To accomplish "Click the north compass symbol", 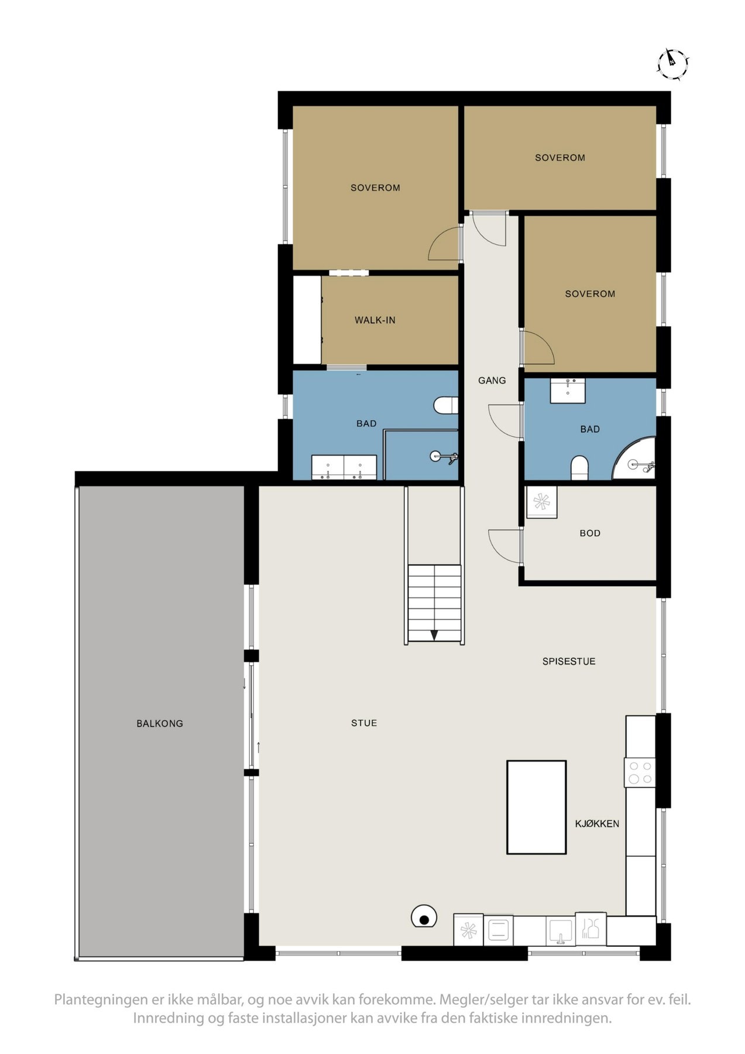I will pyautogui.click(x=672, y=63).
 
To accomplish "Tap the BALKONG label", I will pyautogui.click(x=160, y=724).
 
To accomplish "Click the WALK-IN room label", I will pyautogui.click(x=375, y=320).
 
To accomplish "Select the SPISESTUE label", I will pyautogui.click(x=568, y=662).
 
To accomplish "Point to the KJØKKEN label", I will pyautogui.click(x=597, y=824).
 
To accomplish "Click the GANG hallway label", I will pyautogui.click(x=492, y=381).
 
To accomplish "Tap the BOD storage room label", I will pyautogui.click(x=590, y=533).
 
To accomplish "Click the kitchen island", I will pyautogui.click(x=536, y=807).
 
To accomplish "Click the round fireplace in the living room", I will pyautogui.click(x=424, y=916).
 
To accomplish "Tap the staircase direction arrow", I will pyautogui.click(x=434, y=635).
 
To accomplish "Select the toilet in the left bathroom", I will pyautogui.click(x=446, y=405).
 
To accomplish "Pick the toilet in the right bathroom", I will pyautogui.click(x=579, y=467).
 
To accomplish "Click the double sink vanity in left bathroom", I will pyautogui.click(x=344, y=468).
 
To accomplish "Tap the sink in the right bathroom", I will pyautogui.click(x=568, y=390).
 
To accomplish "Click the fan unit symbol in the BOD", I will pyautogui.click(x=541, y=502).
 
